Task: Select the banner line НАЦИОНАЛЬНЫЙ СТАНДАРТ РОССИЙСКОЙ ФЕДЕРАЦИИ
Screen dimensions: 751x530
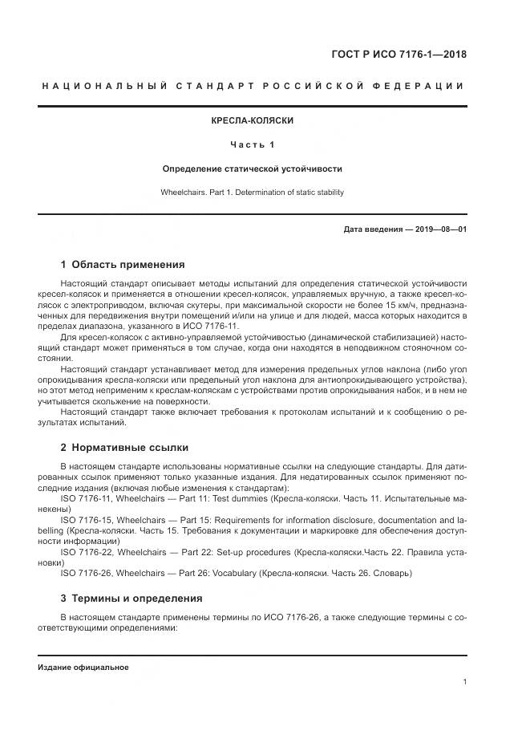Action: pyautogui.click(x=252, y=86)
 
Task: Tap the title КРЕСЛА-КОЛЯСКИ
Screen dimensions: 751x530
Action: pyautogui.click(x=252, y=120)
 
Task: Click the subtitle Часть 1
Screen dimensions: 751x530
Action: pyautogui.click(x=252, y=144)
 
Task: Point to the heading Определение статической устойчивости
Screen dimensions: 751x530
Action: pyautogui.click(x=252, y=169)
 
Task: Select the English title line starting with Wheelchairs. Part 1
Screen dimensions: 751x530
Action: pyautogui.click(x=252, y=193)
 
